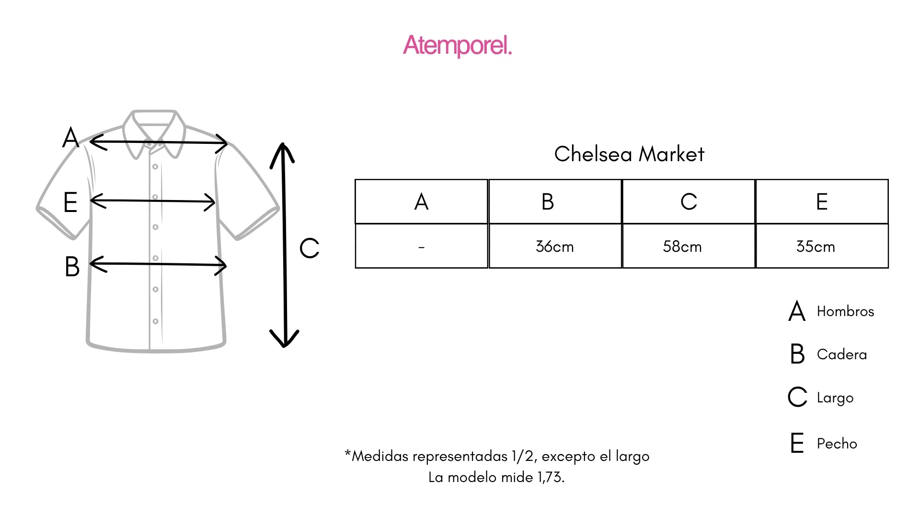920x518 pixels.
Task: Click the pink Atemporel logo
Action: pos(458,46)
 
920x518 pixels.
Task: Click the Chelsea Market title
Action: pos(629,154)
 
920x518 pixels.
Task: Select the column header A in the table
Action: pos(421,201)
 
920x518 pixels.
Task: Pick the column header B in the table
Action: pos(548,201)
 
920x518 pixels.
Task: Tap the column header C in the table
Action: pos(689,201)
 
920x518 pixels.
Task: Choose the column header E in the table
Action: pos(822,201)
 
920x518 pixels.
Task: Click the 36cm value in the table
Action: pos(554,247)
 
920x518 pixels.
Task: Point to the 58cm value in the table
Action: pos(682,247)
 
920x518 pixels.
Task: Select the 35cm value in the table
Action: pos(816,247)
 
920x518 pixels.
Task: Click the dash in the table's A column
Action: pos(421,247)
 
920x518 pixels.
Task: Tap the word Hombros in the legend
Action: pos(845,311)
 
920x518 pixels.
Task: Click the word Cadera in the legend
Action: pos(842,354)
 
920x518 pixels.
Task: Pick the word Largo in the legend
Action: pos(835,398)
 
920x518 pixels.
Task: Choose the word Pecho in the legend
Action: pos(837,443)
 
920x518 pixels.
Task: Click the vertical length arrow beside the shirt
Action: pos(284,245)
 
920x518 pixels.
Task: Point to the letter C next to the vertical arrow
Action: pos(309,248)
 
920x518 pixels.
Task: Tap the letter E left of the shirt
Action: pos(70,202)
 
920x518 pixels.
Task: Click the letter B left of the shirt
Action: pos(72,267)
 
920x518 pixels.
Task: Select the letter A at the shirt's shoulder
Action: pos(71,138)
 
